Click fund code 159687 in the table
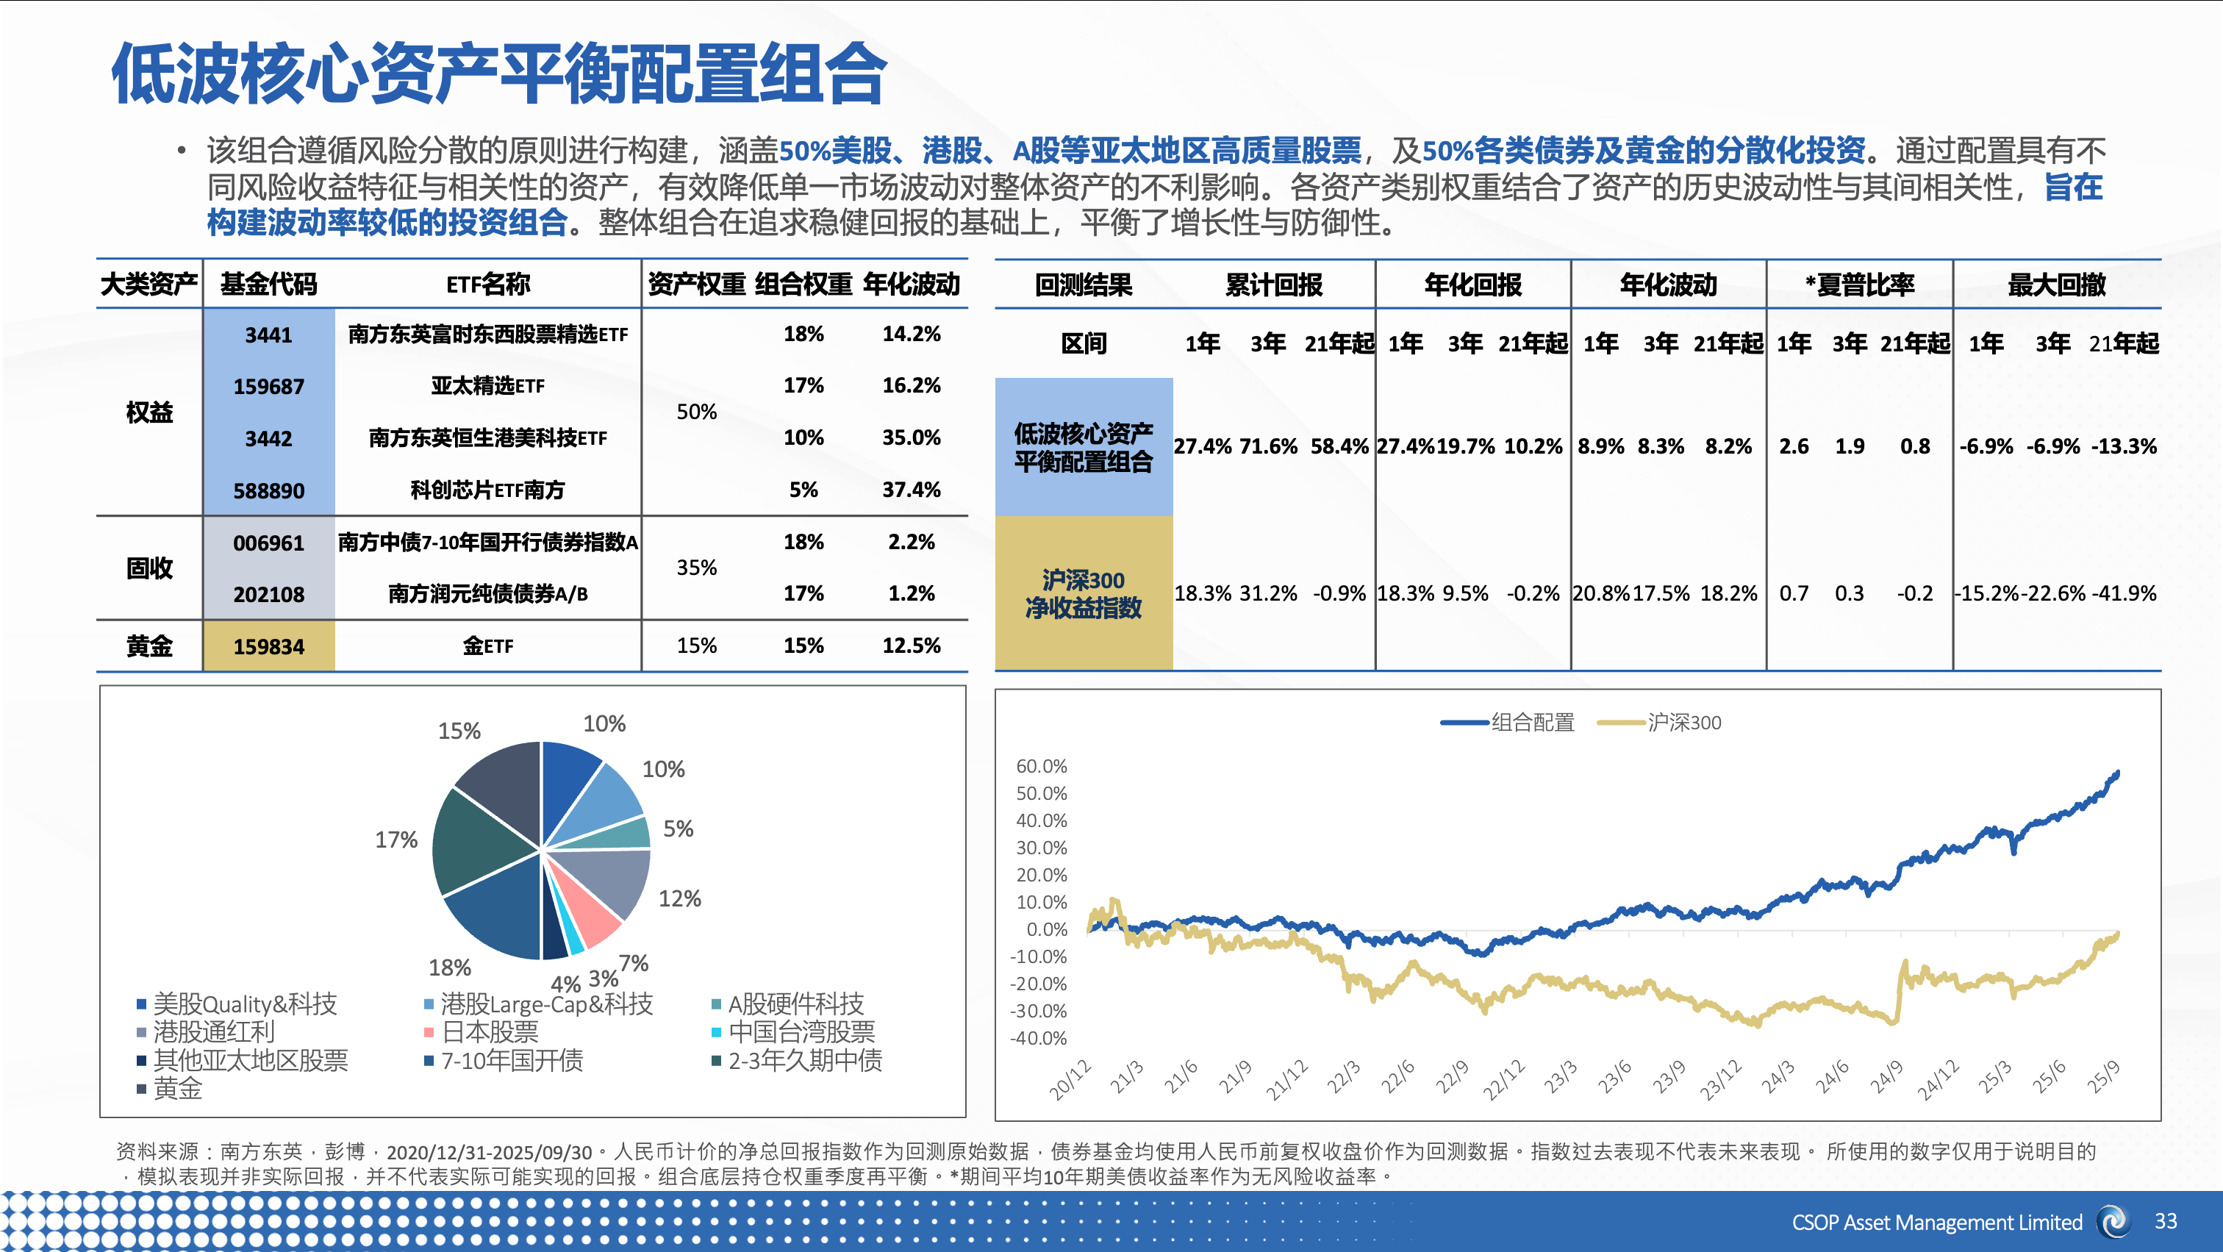click(x=268, y=387)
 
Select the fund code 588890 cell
click(x=268, y=491)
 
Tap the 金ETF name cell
click(x=487, y=646)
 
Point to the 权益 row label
click(x=149, y=412)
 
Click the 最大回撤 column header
click(x=2056, y=285)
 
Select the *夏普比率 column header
click(x=1859, y=285)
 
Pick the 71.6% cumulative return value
click(x=1267, y=447)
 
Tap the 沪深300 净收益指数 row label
click(x=1083, y=593)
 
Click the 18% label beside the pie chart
click(x=450, y=968)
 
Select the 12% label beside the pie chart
click(x=680, y=899)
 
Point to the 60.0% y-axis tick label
click(x=1041, y=766)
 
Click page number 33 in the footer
click(x=2165, y=1222)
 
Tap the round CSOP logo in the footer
click(x=2113, y=1222)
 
